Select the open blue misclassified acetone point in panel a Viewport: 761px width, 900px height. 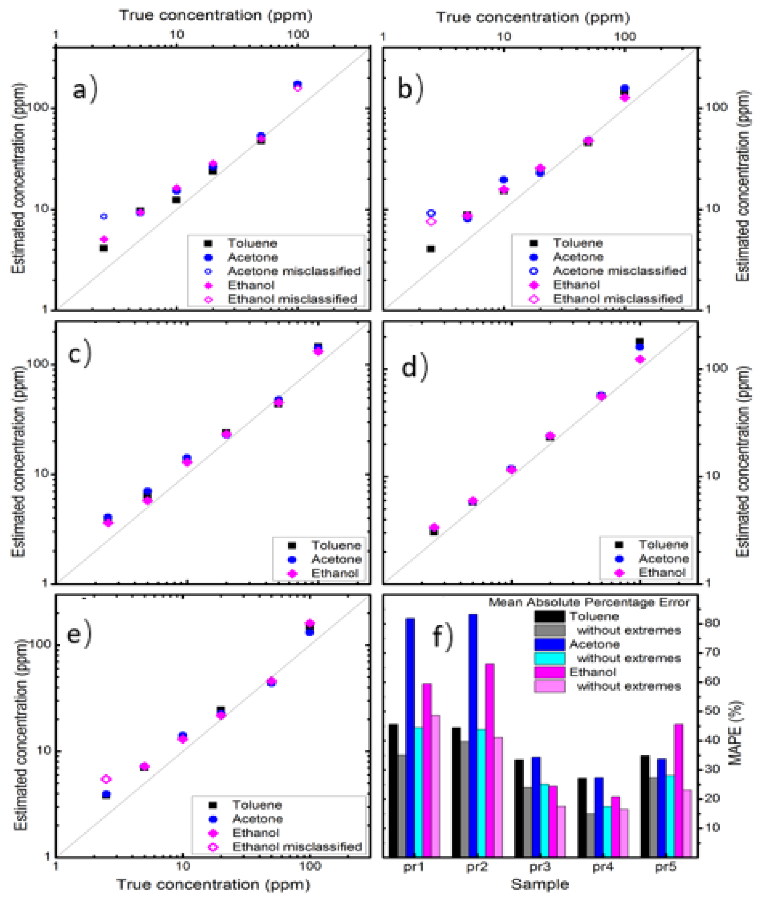tap(104, 216)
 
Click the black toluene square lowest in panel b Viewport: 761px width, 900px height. tap(431, 249)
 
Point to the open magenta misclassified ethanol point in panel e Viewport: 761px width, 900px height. tap(106, 779)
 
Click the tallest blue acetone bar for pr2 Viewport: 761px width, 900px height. tap(473, 734)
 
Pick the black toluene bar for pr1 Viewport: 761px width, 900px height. tap(393, 790)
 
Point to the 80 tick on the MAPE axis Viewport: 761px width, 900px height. tap(711, 623)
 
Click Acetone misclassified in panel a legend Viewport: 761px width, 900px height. tap(294, 271)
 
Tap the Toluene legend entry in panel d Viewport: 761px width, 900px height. tap(663, 544)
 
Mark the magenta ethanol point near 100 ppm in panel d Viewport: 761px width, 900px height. tap(640, 359)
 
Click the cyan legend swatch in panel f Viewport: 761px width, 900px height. tap(549, 658)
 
